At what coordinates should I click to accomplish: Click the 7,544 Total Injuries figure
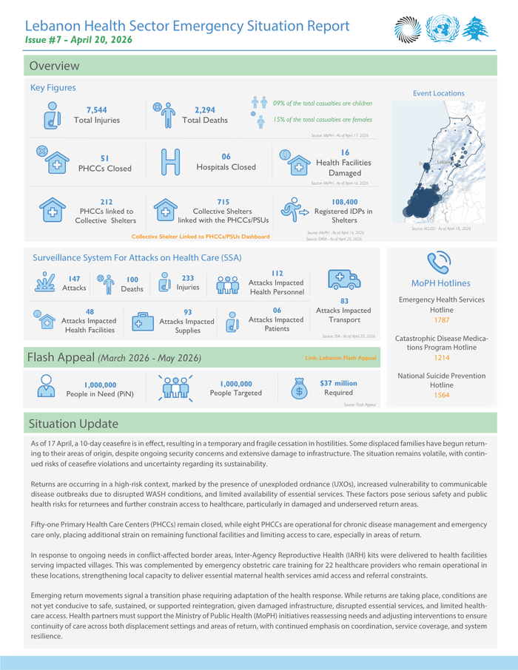[x=96, y=109]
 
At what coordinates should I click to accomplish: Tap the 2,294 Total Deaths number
[x=199, y=109]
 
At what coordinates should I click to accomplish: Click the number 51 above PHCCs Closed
[x=104, y=158]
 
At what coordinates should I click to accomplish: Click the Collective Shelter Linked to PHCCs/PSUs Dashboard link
[x=200, y=237]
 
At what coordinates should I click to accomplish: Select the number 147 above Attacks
[x=74, y=279]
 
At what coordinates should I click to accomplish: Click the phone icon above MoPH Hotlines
[x=440, y=262]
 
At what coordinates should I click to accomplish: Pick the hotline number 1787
[x=441, y=320]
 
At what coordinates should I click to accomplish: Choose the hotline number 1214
[x=441, y=357]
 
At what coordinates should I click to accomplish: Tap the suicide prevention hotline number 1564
[x=441, y=395]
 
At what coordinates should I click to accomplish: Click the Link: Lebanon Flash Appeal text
[x=340, y=358]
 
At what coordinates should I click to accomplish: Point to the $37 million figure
[x=338, y=383]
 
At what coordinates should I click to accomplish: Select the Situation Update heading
[x=73, y=424]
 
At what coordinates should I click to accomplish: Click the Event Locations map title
[x=438, y=93]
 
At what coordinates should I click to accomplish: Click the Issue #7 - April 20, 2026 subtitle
[x=78, y=40]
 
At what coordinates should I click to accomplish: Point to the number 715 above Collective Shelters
[x=223, y=201]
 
